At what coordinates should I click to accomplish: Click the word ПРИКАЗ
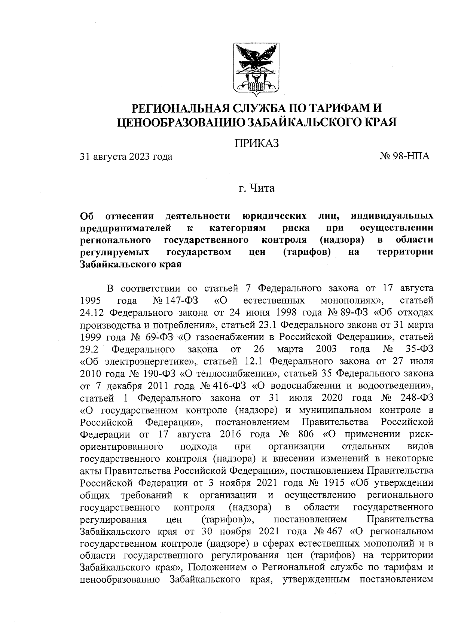257,144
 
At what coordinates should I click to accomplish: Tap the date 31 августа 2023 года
126,156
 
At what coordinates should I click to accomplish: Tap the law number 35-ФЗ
419,349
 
